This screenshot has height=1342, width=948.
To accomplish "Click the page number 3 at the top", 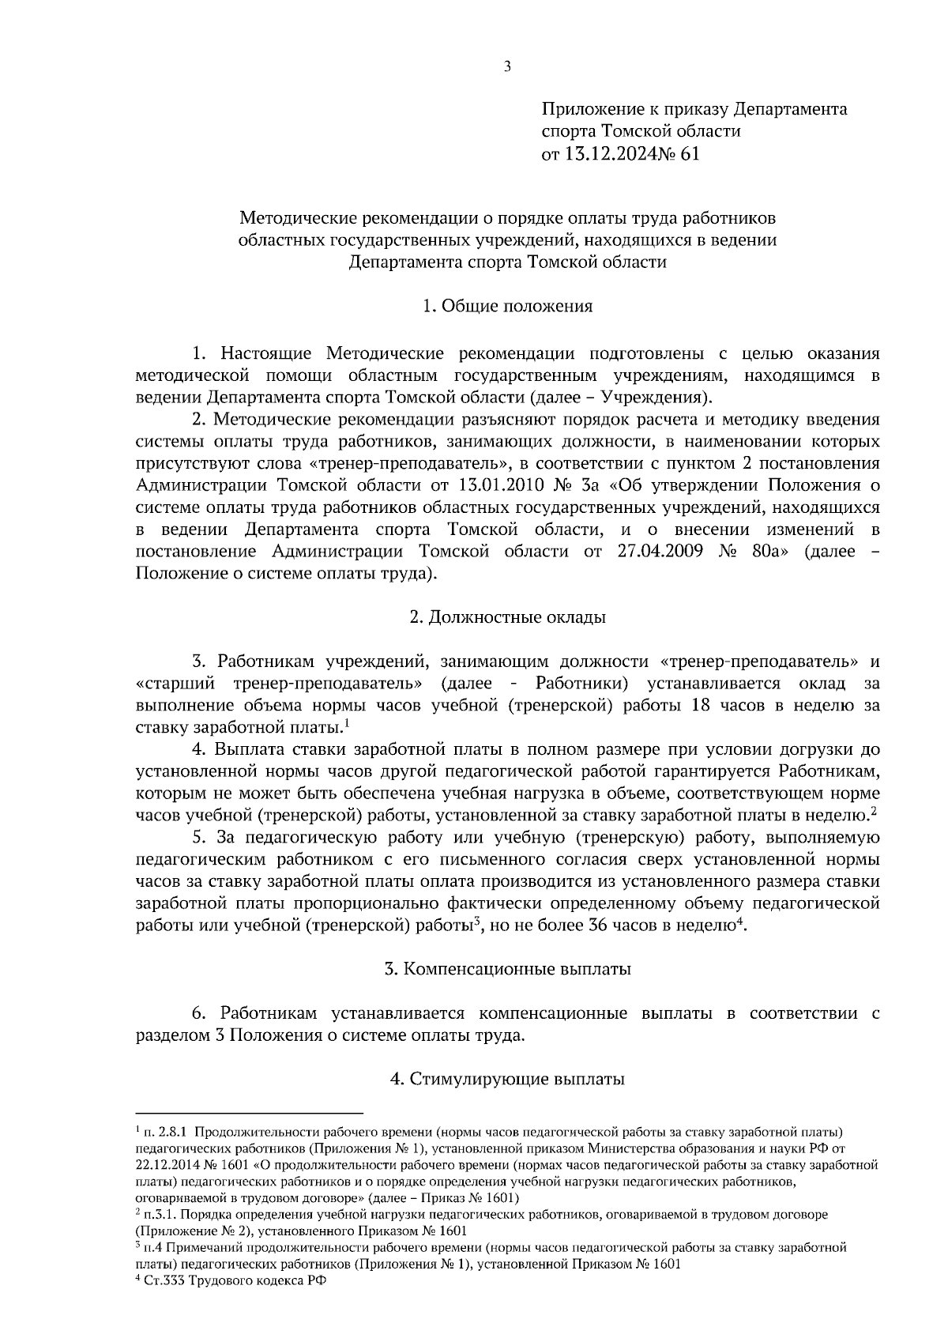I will tap(507, 67).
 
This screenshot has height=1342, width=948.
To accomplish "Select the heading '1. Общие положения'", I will tap(507, 306).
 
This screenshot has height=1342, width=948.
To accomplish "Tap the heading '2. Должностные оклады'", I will tap(507, 617).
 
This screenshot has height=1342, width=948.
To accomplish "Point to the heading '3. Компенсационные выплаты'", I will tap(507, 969).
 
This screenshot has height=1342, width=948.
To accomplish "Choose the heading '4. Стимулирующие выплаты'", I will tap(507, 1079).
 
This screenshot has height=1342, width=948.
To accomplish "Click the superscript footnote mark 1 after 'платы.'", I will tap(348, 722).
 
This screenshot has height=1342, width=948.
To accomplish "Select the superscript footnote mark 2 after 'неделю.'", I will tap(875, 810).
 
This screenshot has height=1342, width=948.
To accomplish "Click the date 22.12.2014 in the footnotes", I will tap(170, 1166).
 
